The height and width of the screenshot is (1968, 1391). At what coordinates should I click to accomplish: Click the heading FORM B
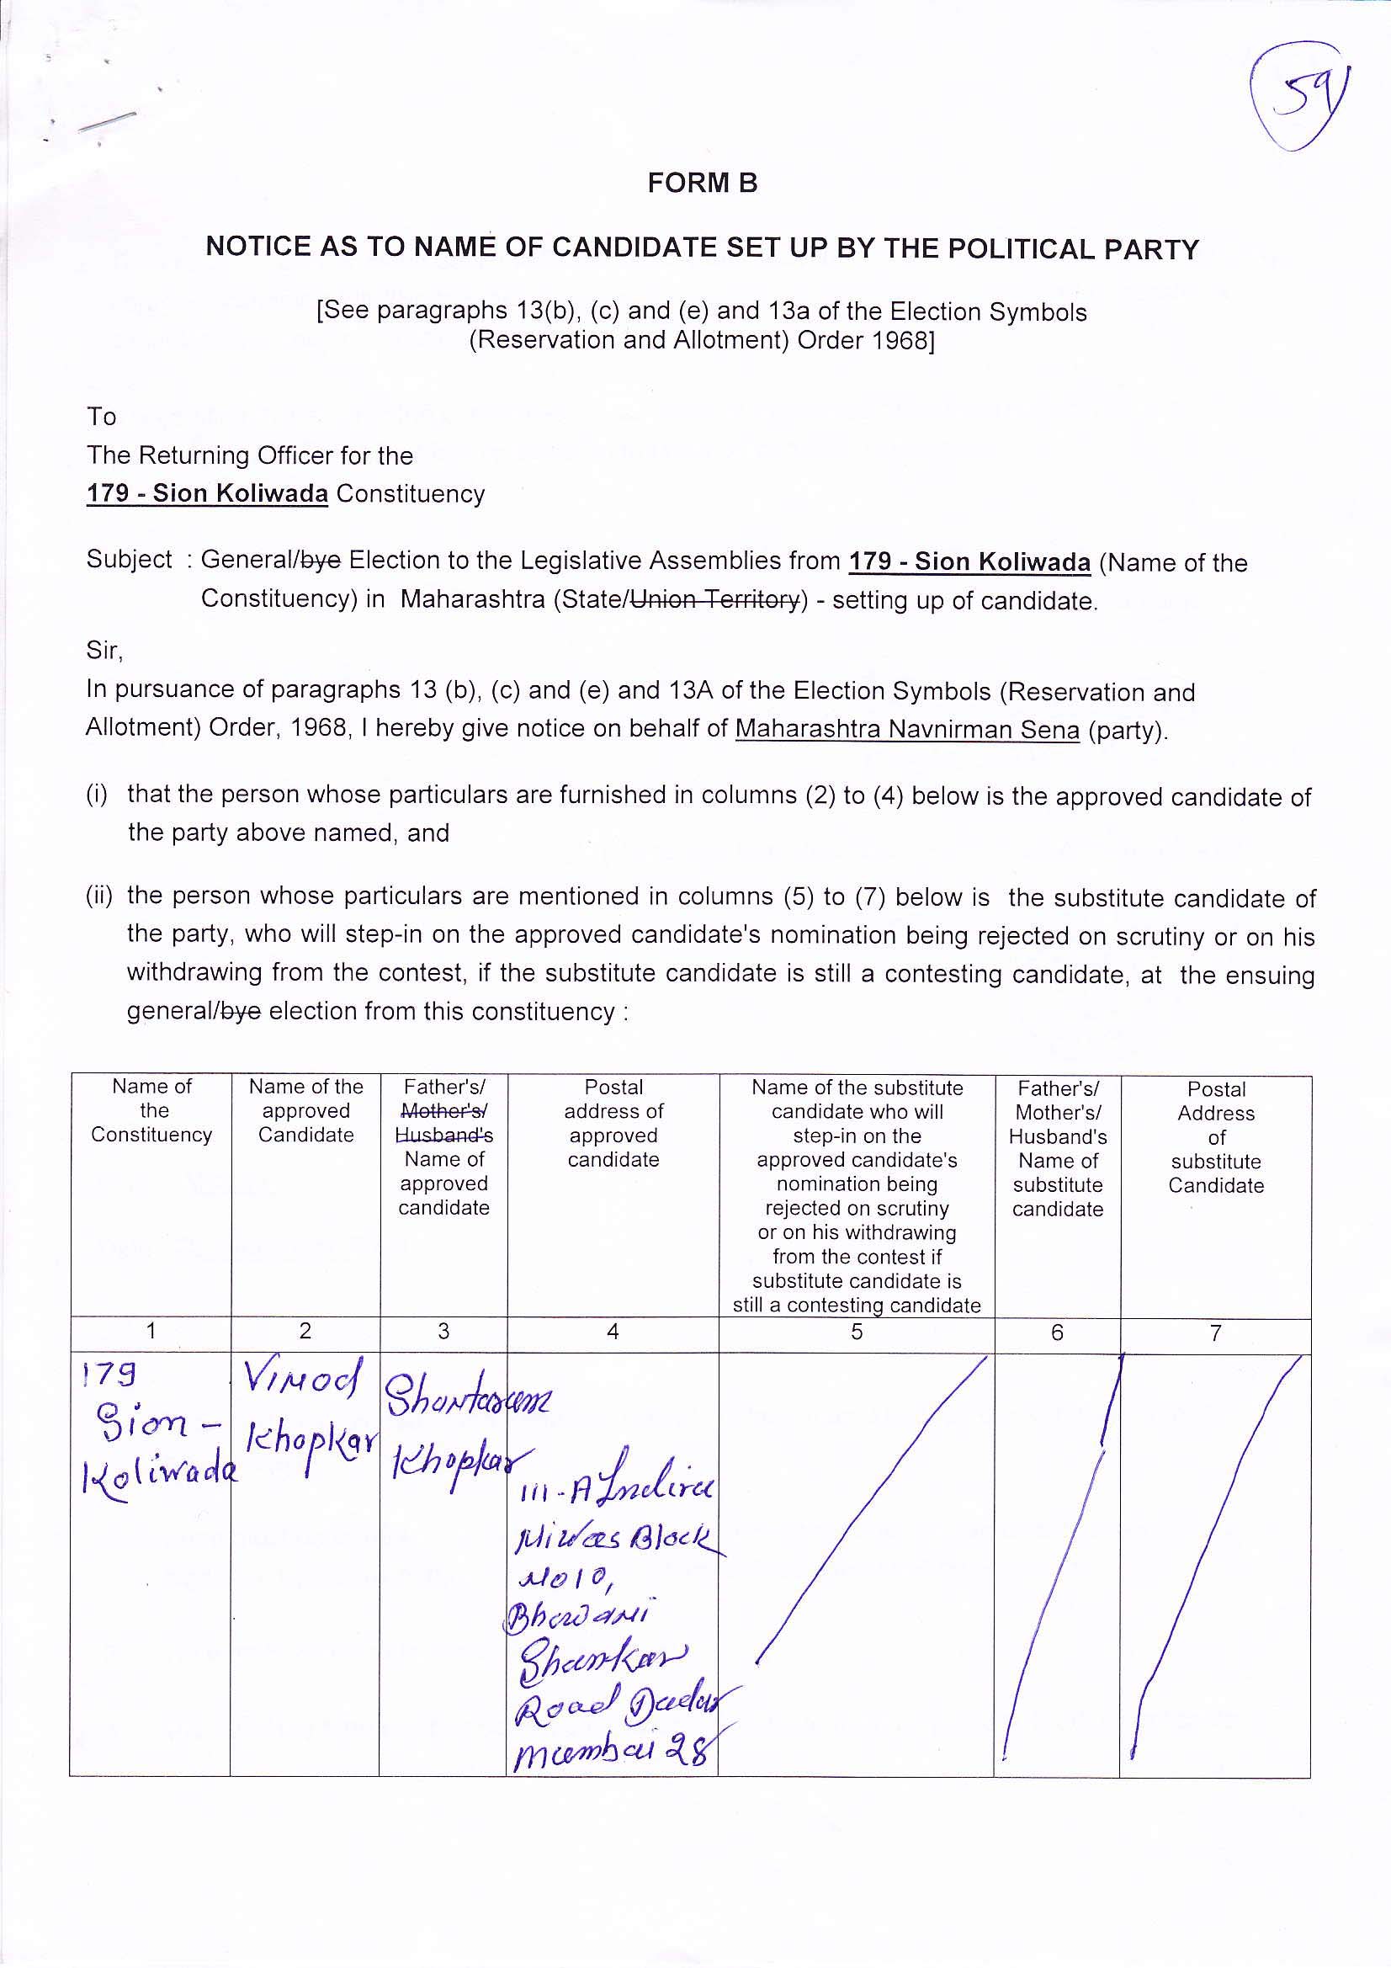click(x=702, y=184)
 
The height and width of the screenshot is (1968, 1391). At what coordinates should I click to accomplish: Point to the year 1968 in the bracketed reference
click(x=898, y=340)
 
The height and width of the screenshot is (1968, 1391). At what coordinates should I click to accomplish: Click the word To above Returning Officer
click(x=101, y=417)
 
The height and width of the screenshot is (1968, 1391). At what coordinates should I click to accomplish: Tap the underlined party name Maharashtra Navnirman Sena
click(x=907, y=730)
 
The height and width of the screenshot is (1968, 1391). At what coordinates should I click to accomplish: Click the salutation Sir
click(x=104, y=651)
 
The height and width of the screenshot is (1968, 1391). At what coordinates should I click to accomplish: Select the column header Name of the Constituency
click(x=151, y=1110)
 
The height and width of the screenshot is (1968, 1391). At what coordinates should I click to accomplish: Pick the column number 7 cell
click(x=1214, y=1332)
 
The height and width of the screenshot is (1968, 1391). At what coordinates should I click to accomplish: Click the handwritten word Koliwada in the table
click(x=159, y=1472)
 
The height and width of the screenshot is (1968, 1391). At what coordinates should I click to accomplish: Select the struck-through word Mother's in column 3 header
click(x=443, y=1111)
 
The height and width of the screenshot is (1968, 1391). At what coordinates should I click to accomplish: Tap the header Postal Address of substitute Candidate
click(x=1215, y=1136)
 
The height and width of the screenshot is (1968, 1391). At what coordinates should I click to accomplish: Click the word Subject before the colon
click(x=130, y=560)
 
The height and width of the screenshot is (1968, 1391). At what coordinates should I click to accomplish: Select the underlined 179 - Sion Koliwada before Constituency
click(x=206, y=494)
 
